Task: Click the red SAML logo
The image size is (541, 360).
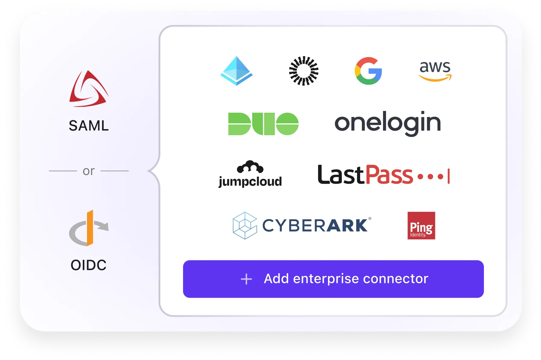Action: [89, 89]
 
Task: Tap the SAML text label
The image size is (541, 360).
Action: [89, 126]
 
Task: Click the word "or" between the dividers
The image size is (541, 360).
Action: [89, 171]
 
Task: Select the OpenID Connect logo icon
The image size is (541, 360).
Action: [89, 228]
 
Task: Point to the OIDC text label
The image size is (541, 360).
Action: [89, 265]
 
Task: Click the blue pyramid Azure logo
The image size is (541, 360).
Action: [237, 71]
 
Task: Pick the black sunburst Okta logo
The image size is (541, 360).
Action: [304, 71]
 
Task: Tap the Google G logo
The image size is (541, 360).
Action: [368, 71]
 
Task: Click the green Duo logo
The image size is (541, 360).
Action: [263, 124]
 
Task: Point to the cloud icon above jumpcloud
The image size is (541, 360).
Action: [250, 167]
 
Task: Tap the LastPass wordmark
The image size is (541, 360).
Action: [365, 175]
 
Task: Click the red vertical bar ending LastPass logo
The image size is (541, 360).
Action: [449, 176]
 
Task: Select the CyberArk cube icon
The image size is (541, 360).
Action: [245, 225]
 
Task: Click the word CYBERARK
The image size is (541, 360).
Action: [315, 225]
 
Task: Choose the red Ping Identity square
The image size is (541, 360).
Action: [421, 225]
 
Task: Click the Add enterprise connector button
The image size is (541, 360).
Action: [333, 279]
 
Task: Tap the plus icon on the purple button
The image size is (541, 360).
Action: [246, 279]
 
